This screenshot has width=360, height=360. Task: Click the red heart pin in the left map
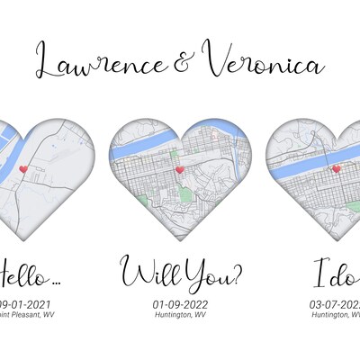[x=23, y=169]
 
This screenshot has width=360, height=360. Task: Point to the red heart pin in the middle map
[x=179, y=168]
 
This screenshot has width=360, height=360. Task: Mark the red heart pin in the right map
[x=336, y=168]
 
